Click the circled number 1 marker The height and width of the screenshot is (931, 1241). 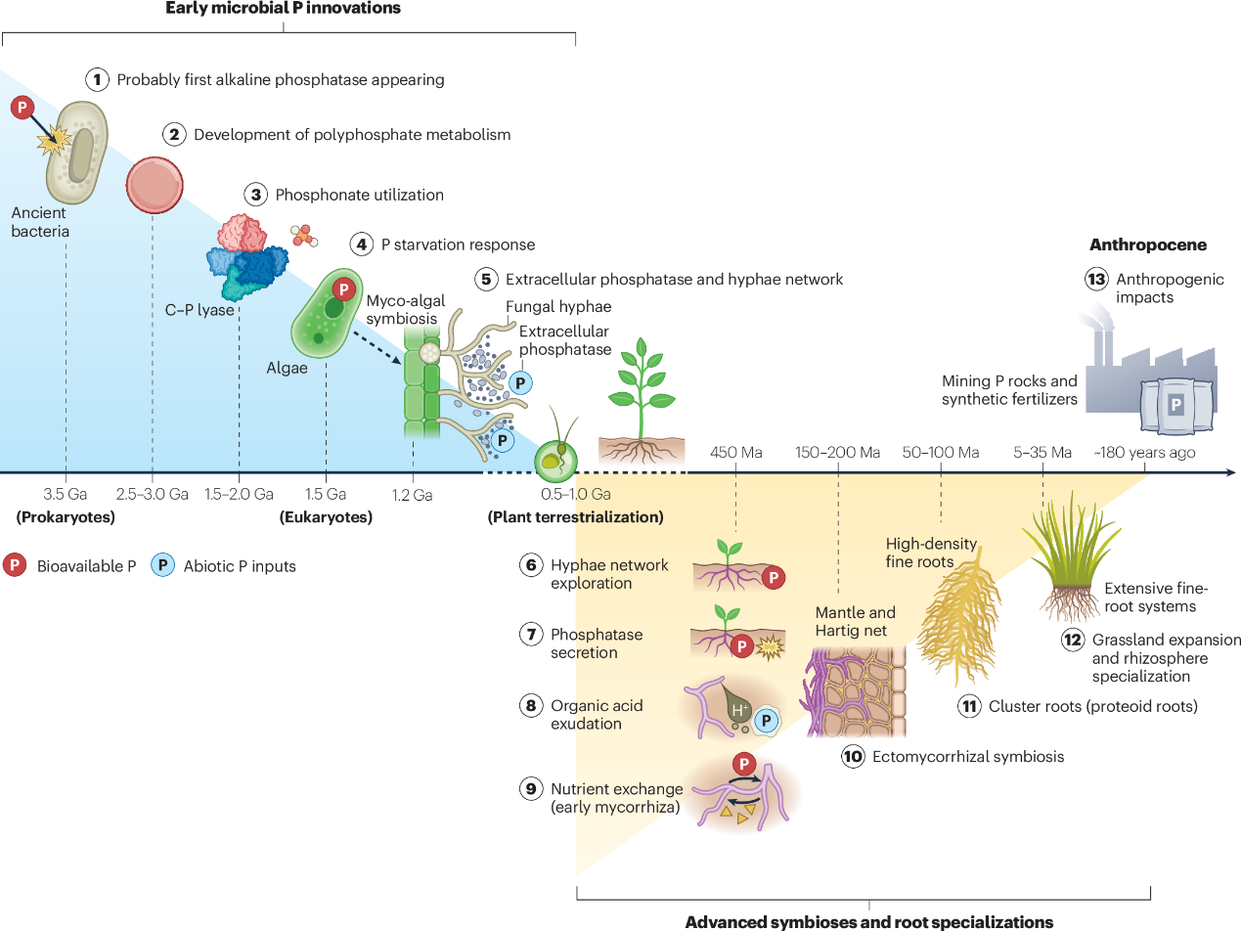point(97,79)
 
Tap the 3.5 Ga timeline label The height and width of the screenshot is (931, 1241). point(66,494)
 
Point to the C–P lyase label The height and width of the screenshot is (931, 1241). point(199,311)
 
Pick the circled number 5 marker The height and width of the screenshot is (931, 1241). point(486,279)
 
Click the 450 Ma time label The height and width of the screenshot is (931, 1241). point(735,453)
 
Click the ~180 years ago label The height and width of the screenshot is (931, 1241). point(1144,453)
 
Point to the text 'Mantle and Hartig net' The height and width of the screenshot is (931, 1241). point(856,622)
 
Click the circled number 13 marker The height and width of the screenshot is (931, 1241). point(1096,280)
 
